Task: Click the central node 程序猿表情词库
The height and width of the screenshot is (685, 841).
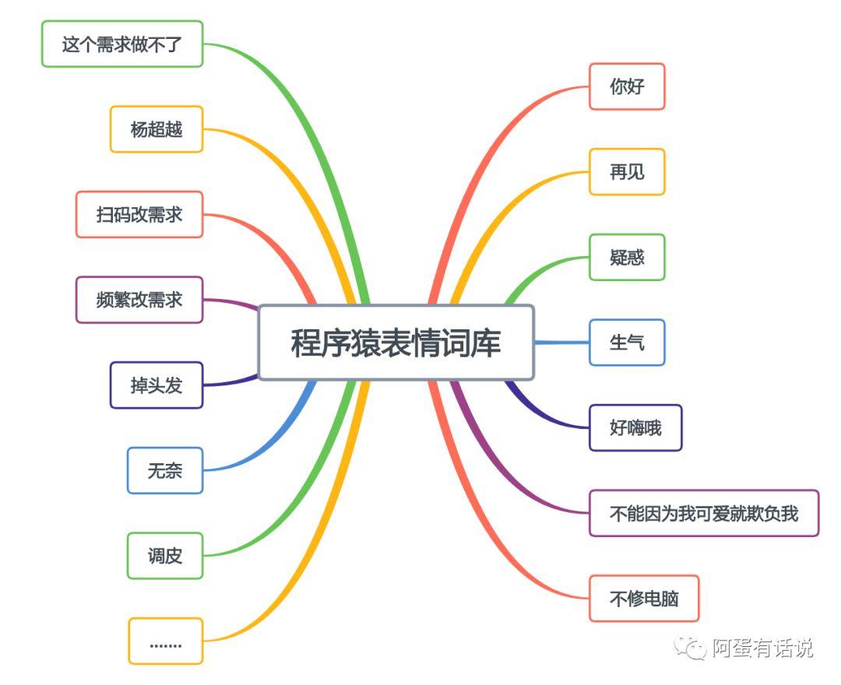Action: (396, 342)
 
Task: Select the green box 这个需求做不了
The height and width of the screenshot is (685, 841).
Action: (122, 44)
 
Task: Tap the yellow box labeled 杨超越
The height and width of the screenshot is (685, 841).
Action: (157, 129)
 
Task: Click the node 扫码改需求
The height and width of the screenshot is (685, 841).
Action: (139, 214)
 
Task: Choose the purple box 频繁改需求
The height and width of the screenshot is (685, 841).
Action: (139, 300)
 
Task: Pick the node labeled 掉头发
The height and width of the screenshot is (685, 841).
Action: (157, 385)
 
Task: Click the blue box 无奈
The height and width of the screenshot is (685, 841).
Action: (165, 470)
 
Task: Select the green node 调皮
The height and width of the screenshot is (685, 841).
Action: (165, 556)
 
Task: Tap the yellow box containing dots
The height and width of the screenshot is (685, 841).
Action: (165, 641)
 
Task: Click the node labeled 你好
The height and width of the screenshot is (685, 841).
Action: (627, 86)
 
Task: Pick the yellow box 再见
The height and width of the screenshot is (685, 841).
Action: (627, 172)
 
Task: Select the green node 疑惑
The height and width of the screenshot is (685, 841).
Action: (627, 257)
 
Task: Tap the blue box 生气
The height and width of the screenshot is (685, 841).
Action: (627, 342)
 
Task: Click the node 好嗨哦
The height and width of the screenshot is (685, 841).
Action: (635, 427)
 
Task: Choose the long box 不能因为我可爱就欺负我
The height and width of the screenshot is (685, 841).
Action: (704, 513)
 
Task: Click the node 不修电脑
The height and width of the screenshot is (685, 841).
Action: (644, 599)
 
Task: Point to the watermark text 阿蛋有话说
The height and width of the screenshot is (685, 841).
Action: (762, 648)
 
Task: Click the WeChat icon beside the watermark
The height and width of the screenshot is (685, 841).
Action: (690, 647)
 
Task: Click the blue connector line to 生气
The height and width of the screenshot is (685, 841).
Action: (561, 342)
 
